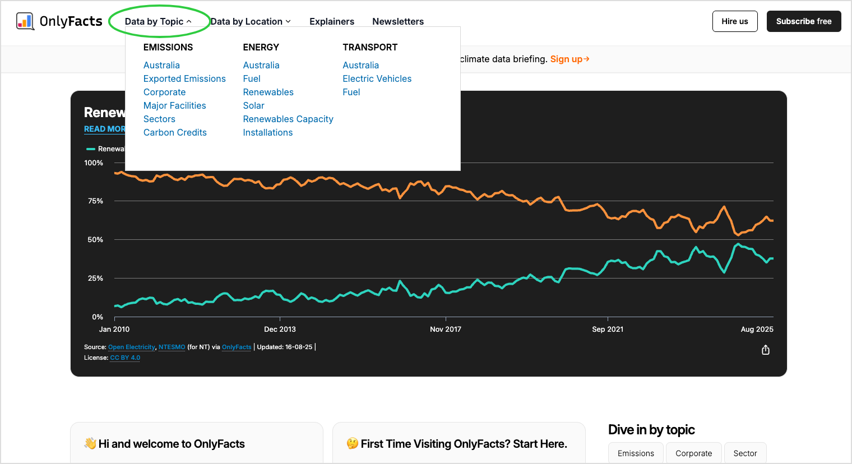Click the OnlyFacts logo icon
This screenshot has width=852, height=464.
pos(25,21)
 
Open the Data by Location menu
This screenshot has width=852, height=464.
pos(251,21)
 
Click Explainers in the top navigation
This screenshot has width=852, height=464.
pos(332,21)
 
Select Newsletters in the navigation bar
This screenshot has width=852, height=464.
pos(398,21)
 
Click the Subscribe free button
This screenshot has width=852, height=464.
pos(804,21)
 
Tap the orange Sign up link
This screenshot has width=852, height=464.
pos(569,59)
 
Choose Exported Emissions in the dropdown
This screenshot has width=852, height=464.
pos(184,78)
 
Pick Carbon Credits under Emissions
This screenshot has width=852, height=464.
pos(175,132)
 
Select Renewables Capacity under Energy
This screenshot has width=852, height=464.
pos(288,119)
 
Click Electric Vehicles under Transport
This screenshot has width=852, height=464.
pos(377,78)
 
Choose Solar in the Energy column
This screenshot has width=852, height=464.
pos(254,106)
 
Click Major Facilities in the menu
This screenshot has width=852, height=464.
pos(174,106)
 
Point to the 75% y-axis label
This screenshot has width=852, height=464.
pos(95,201)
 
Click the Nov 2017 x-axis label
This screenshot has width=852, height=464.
pos(446,329)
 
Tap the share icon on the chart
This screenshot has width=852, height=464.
pos(766,350)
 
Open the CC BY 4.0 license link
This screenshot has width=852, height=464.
pos(125,358)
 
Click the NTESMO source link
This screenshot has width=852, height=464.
pos(172,347)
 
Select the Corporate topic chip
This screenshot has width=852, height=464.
pos(694,453)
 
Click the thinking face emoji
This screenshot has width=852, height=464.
pos(353,443)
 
